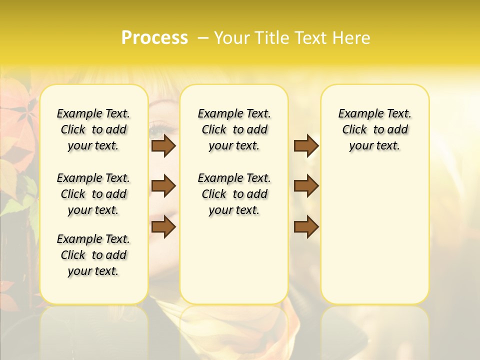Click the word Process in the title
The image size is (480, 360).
154,37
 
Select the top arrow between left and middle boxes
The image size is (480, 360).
163,145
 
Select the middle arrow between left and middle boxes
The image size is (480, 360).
163,186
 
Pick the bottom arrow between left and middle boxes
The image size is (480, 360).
163,227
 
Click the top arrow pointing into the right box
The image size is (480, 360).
306,145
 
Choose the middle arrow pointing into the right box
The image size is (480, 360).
306,186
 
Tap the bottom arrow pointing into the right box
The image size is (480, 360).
306,227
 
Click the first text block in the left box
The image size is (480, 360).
93,129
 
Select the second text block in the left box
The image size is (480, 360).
93,194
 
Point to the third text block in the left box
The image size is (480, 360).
93,255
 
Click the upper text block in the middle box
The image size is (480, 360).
234,129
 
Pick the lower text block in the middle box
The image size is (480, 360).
234,194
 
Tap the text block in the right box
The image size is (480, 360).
374,129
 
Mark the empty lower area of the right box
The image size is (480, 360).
374,235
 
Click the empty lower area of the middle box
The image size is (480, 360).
234,260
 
